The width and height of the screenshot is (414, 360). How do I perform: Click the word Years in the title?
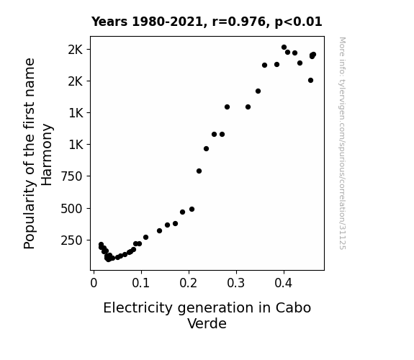(x=109, y=22)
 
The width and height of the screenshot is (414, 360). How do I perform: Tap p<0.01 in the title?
(x=298, y=22)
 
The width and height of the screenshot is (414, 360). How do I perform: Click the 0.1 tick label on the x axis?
(x=141, y=283)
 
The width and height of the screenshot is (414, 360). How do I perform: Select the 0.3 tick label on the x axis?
(x=236, y=283)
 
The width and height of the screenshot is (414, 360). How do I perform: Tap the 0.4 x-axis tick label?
(x=284, y=283)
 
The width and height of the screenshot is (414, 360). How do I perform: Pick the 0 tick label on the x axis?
(x=94, y=283)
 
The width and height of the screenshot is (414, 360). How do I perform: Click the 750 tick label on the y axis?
(x=71, y=176)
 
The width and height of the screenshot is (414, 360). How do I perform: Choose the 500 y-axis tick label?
(x=71, y=209)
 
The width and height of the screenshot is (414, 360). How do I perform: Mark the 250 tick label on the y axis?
(x=71, y=240)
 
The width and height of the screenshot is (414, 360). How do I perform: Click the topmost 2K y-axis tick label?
(x=76, y=50)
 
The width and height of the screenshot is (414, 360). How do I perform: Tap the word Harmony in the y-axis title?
(x=47, y=155)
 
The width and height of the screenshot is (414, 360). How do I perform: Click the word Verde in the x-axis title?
(x=207, y=323)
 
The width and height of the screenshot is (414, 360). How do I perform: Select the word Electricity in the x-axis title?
(x=138, y=308)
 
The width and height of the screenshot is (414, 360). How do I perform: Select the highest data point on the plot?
(x=284, y=48)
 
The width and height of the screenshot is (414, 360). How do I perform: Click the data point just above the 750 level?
(x=199, y=171)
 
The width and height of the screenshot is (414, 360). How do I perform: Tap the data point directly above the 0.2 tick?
(x=192, y=210)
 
